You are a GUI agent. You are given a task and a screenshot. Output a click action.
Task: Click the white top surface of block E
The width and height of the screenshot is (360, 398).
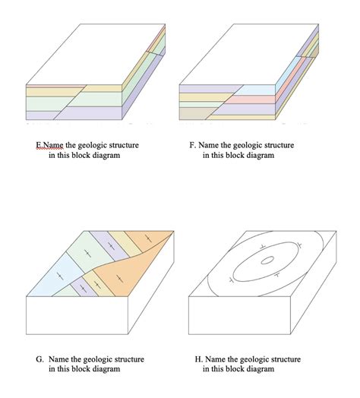[x=95, y=53]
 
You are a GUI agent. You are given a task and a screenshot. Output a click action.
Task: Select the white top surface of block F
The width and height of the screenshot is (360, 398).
[x=247, y=53]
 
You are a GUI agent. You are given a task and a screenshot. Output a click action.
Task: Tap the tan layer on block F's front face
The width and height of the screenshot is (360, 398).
[x=194, y=112]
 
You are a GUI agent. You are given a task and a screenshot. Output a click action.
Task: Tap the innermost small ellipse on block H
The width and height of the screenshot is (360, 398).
[x=267, y=261]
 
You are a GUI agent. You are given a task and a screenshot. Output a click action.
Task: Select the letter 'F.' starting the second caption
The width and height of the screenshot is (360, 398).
[x=192, y=145]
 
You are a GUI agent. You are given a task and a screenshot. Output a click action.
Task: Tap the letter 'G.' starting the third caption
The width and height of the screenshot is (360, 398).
[x=39, y=359]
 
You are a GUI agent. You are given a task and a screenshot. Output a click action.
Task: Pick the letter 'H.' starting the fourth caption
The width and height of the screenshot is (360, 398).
[x=197, y=359]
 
